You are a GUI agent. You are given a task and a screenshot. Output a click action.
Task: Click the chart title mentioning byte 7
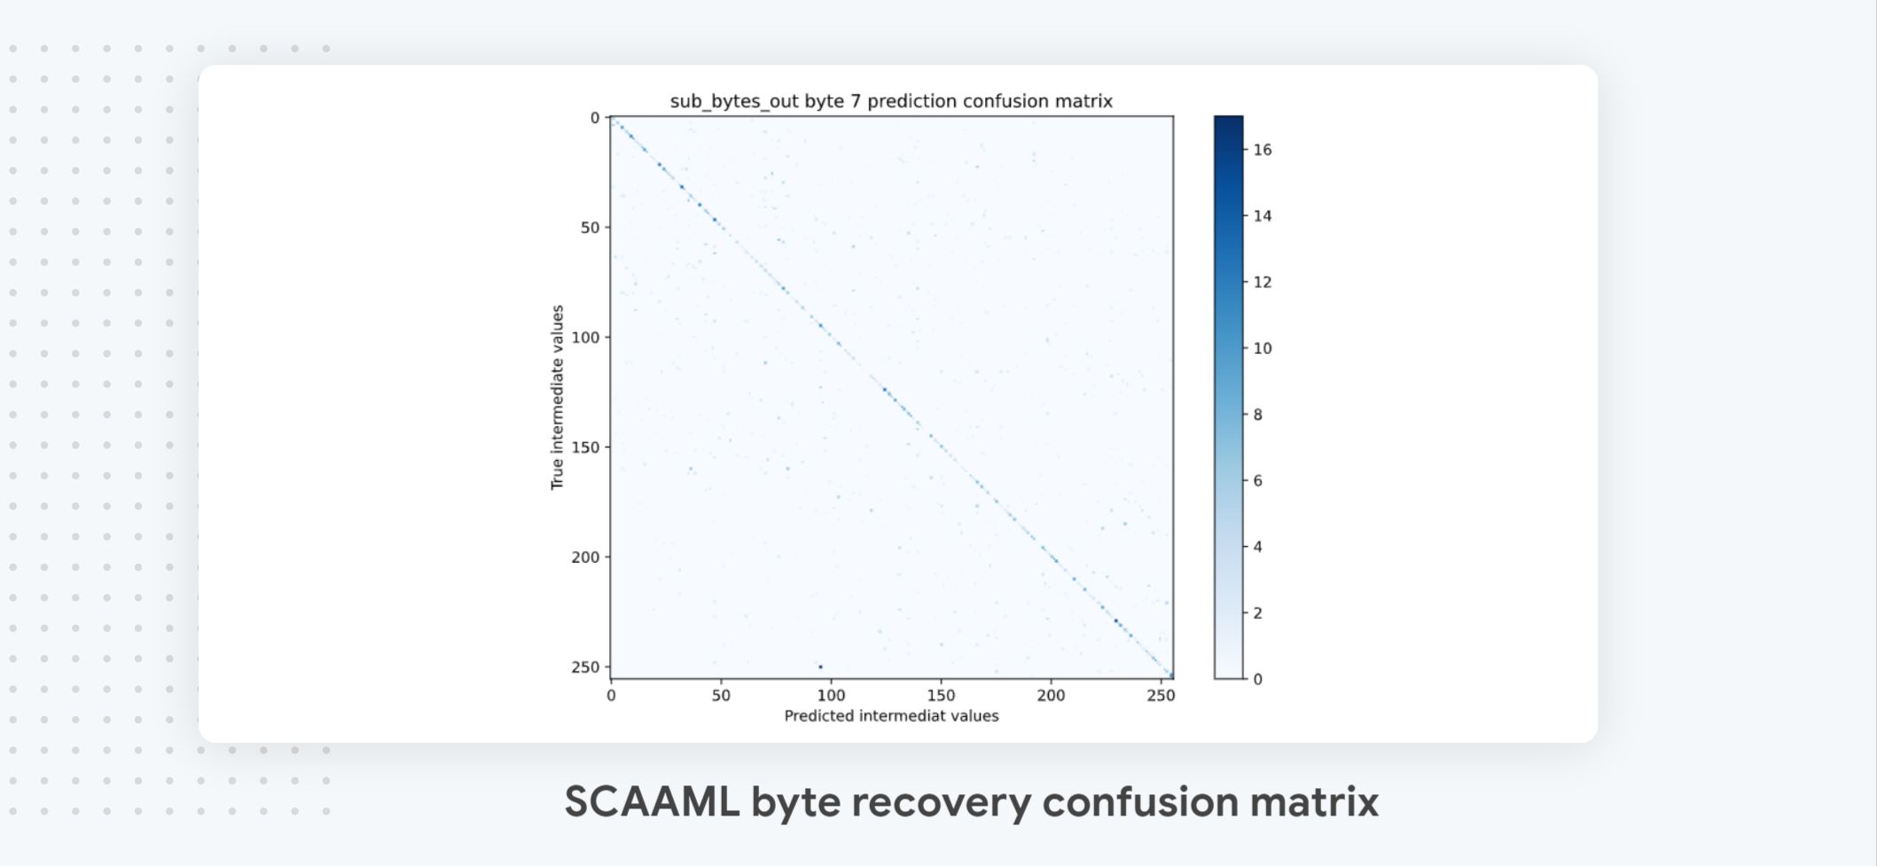(890, 101)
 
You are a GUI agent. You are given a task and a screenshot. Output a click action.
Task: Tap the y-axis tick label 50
(590, 228)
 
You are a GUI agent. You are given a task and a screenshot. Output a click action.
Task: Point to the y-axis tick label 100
(585, 338)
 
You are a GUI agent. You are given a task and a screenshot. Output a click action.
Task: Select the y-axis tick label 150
(585, 448)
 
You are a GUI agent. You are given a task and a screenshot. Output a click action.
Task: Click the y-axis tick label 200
(585, 558)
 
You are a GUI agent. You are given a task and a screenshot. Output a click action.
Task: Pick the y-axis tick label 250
(585, 667)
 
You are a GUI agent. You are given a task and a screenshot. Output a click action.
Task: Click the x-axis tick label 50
(721, 696)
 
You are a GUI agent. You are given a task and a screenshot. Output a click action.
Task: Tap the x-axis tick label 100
(831, 696)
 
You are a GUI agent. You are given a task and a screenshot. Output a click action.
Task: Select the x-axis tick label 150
(941, 696)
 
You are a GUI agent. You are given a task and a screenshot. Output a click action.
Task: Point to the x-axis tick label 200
(1051, 696)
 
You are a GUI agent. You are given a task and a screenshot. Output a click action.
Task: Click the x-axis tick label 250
(1161, 696)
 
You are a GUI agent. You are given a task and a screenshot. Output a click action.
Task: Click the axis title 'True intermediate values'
(557, 397)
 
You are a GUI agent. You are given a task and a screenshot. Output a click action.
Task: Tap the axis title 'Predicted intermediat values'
(891, 716)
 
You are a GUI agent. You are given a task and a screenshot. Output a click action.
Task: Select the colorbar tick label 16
(1263, 150)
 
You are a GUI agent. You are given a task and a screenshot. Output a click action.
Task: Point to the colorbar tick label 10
(1263, 348)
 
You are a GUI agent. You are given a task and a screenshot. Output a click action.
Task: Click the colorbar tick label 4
(1257, 547)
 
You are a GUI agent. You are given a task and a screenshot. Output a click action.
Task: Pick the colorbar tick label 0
(1257, 679)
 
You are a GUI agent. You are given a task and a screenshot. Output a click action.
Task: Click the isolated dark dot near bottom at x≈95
(820, 667)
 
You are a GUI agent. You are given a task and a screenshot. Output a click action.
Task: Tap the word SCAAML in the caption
(652, 801)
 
